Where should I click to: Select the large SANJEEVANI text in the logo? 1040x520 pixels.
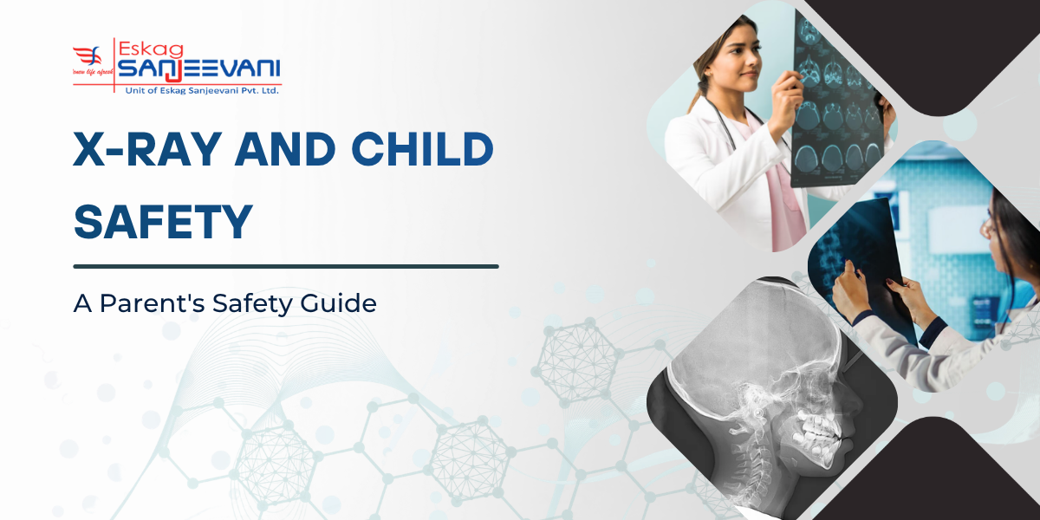point(198,68)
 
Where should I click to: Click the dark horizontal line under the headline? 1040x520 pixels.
point(286,266)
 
